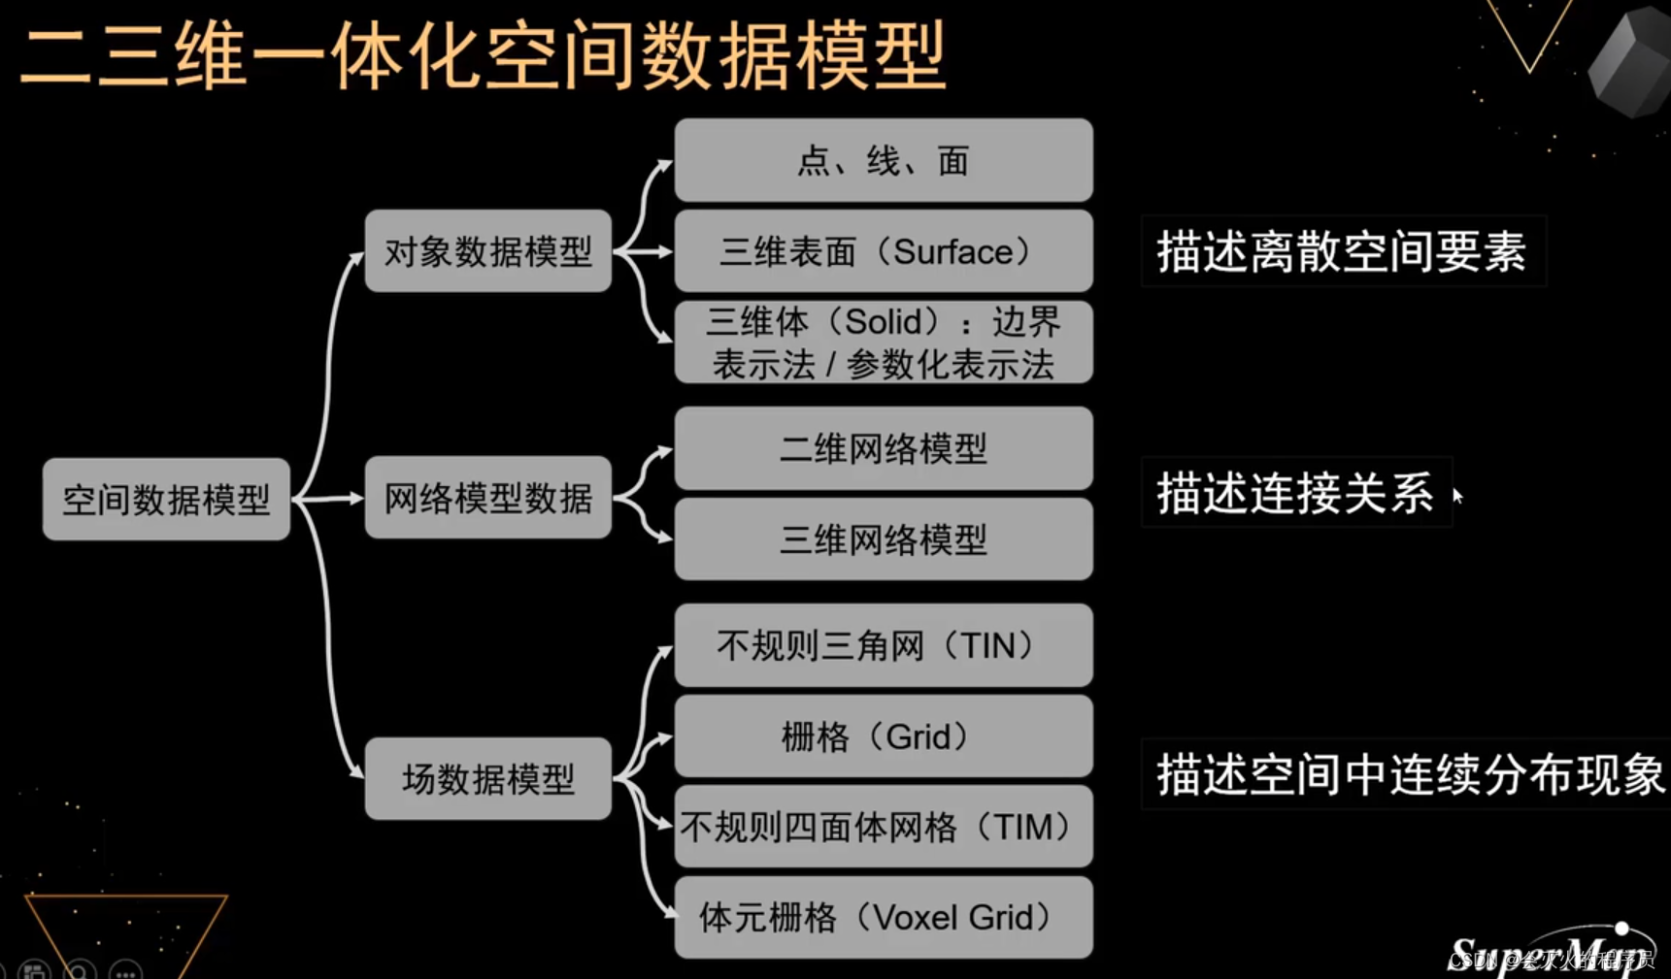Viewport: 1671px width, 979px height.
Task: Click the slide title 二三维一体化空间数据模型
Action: pos(483,56)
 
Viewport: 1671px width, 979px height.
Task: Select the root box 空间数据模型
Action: pos(166,499)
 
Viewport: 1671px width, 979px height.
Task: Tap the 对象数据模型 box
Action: pos(487,251)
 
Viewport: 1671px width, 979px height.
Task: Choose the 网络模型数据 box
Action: pos(487,498)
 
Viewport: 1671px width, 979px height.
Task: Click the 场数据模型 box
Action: pos(487,778)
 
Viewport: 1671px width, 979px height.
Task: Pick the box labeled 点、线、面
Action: pos(883,160)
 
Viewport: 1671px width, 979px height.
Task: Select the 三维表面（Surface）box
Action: pos(883,251)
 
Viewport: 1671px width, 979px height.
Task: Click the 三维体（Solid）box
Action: pos(883,343)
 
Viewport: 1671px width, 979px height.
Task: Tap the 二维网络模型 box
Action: pos(883,448)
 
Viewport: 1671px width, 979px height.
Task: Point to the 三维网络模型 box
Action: pos(883,539)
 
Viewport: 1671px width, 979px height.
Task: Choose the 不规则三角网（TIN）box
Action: pos(883,645)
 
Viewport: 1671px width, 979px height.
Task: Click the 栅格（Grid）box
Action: pos(883,736)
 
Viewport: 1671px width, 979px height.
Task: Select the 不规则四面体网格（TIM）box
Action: pos(883,827)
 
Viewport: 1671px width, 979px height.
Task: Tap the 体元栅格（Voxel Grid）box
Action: pos(883,917)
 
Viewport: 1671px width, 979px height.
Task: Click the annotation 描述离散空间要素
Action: pos(1342,251)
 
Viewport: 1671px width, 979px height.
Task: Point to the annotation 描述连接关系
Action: pos(1295,493)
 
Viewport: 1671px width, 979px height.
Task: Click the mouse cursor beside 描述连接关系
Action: pos(1457,496)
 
